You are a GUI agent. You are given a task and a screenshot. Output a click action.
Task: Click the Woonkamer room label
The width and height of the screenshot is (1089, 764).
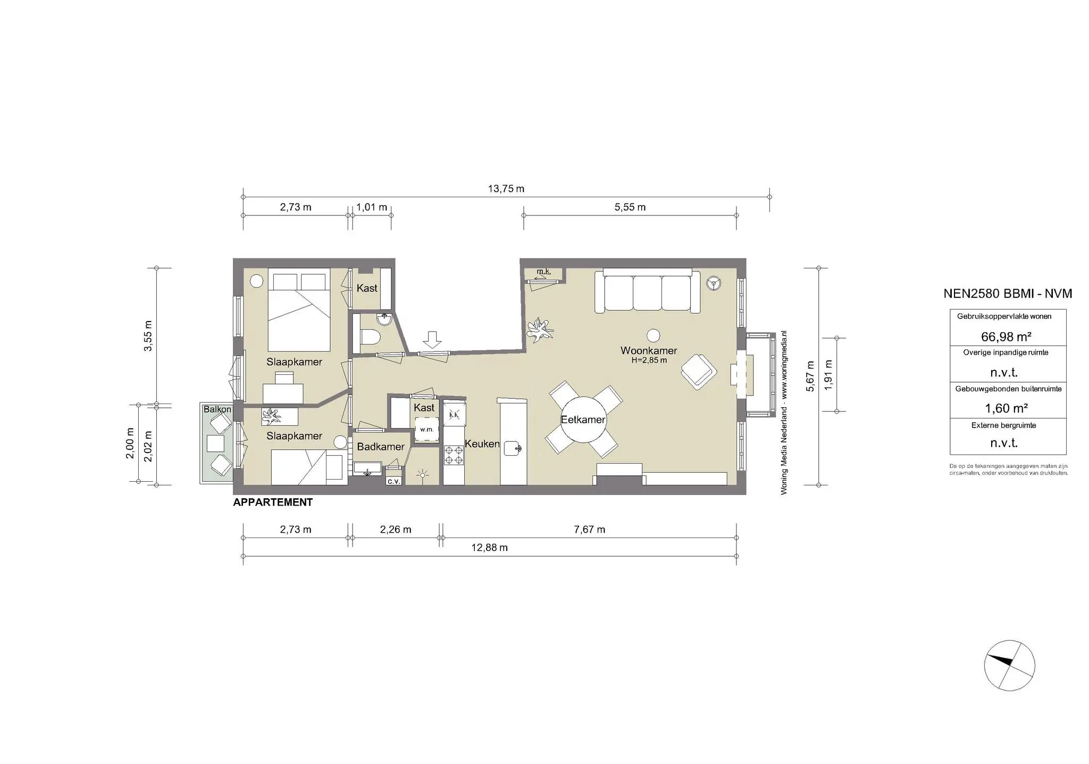click(x=649, y=350)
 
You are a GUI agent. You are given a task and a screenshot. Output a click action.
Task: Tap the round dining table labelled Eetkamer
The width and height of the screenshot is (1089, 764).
click(x=583, y=419)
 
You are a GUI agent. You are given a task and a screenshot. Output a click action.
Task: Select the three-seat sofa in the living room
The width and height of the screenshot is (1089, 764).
click(x=647, y=292)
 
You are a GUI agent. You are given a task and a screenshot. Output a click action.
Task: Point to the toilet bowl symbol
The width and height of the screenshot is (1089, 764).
click(x=370, y=338)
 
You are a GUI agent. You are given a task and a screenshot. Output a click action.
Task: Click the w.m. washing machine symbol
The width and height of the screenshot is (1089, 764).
click(x=426, y=430)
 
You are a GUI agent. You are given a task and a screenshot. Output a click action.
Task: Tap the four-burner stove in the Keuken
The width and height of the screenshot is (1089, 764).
click(x=454, y=455)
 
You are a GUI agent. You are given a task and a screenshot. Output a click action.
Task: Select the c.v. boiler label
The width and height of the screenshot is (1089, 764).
click(x=394, y=481)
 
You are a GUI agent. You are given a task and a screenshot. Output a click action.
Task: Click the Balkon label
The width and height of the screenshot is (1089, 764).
click(x=217, y=409)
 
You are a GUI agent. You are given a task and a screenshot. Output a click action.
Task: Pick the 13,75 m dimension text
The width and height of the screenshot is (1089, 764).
click(x=506, y=189)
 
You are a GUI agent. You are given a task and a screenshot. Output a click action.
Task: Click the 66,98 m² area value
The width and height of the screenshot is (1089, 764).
click(x=1006, y=337)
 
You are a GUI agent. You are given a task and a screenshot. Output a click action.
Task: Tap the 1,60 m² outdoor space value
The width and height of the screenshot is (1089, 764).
click(x=1006, y=408)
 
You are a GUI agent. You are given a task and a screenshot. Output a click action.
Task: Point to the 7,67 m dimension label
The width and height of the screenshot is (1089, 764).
click(x=590, y=530)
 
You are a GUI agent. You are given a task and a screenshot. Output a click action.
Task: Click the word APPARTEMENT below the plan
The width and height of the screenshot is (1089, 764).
click(x=273, y=502)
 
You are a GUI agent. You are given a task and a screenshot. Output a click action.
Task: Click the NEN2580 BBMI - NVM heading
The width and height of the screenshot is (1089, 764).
click(x=1007, y=293)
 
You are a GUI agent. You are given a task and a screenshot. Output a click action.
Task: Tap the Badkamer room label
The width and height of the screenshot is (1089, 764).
click(x=380, y=447)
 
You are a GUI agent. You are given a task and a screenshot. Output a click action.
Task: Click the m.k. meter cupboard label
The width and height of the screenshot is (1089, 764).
click(x=543, y=272)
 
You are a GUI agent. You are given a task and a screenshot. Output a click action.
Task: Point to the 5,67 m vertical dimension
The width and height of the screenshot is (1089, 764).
click(x=810, y=376)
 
